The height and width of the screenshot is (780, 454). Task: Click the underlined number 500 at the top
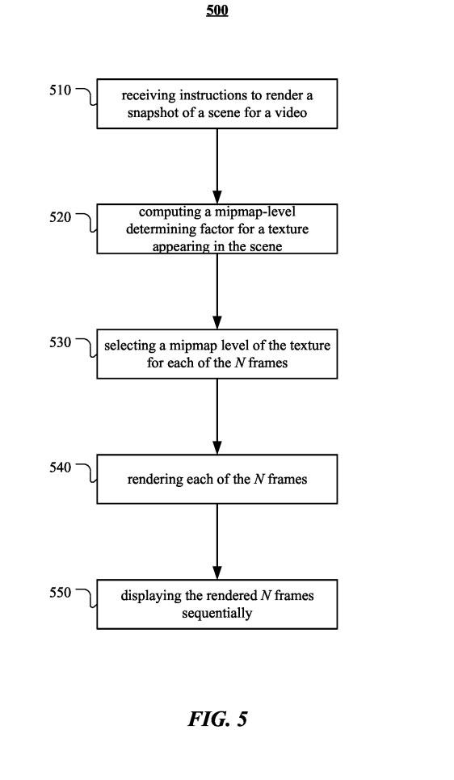pos(217,10)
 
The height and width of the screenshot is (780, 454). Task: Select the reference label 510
pos(61,90)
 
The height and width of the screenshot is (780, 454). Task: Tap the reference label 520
pos(61,217)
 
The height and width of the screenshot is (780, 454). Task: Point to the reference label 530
pos(61,342)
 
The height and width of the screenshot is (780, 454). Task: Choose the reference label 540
pos(61,467)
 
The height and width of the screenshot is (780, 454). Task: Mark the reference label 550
pos(61,593)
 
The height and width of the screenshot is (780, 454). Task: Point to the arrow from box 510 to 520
pos(217,166)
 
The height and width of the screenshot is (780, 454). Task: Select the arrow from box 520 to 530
pos(217,291)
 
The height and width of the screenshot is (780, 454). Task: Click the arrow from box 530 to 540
pos(217,417)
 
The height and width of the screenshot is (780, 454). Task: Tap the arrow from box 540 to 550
pos(217,542)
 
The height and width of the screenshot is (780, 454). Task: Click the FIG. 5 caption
pos(217,719)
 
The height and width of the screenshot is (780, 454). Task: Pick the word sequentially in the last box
pos(217,614)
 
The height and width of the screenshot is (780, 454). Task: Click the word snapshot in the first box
pos(147,113)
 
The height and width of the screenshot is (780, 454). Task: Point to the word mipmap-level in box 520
pos(255,212)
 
